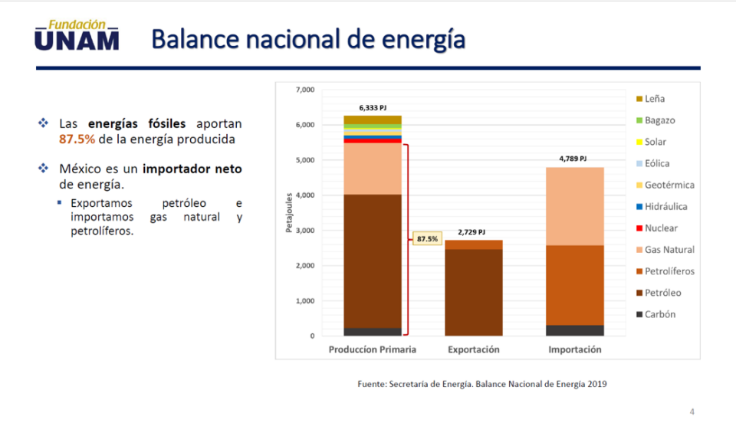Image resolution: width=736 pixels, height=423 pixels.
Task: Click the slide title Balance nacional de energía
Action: click(x=308, y=38)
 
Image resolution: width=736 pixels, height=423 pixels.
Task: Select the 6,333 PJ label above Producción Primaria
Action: click(x=373, y=107)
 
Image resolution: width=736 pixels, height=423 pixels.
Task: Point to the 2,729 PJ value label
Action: click(x=473, y=231)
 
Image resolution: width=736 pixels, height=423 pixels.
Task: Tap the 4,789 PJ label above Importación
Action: click(x=574, y=159)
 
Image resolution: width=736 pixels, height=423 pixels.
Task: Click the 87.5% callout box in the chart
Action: click(x=427, y=239)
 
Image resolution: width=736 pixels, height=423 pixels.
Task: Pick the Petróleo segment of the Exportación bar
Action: click(x=474, y=291)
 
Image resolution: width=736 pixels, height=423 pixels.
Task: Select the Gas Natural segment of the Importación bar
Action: click(x=575, y=205)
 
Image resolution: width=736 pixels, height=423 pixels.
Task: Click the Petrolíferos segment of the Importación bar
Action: click(x=575, y=284)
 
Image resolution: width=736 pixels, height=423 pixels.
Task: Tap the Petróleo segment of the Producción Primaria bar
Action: click(x=373, y=261)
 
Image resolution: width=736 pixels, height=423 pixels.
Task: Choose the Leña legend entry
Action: click(x=654, y=99)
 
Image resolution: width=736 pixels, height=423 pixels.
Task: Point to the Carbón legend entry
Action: click(x=659, y=314)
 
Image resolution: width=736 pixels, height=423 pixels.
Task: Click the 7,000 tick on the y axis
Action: click(x=304, y=90)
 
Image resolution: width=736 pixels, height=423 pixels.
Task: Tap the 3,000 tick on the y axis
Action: click(x=304, y=231)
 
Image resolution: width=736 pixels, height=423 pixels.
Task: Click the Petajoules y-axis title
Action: click(x=289, y=213)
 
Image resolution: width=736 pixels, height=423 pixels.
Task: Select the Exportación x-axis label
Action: click(x=474, y=349)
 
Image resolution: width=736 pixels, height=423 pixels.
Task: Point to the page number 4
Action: click(x=692, y=412)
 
